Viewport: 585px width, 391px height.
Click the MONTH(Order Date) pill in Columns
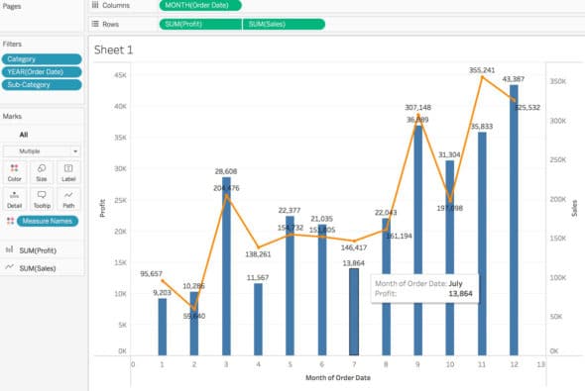[198, 6]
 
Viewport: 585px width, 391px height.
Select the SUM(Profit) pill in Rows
[199, 23]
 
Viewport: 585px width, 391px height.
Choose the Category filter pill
[41, 59]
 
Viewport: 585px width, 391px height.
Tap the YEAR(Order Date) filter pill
[41, 72]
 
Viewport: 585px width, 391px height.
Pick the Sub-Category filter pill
[41, 85]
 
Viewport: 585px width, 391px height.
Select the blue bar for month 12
[514, 218]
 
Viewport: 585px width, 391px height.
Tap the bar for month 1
[163, 326]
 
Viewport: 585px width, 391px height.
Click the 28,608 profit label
[227, 171]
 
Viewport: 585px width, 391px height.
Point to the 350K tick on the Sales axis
[558, 82]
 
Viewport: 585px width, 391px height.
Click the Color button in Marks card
[15, 171]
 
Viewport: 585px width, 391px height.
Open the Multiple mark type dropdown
[41, 150]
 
